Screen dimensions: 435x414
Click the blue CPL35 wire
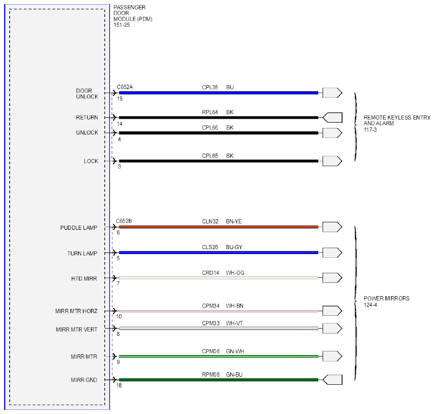pos(218,93)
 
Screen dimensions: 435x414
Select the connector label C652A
pos(125,87)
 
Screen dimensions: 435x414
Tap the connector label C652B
pos(124,221)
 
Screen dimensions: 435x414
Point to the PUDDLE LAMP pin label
pos(79,228)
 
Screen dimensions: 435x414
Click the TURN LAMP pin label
pos(82,253)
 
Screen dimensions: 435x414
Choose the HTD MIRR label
pos(84,279)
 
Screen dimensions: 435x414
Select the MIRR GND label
pos(84,380)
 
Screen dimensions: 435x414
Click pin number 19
pos(120,99)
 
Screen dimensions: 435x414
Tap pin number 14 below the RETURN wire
pos(120,124)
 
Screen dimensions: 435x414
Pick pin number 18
pos(119,385)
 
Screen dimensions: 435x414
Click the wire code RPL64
pos(210,112)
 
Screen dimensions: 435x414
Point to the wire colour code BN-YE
pos(234,222)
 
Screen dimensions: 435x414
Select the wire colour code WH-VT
pos(234,323)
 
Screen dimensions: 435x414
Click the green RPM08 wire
pos(218,380)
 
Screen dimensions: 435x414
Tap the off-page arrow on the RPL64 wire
pos(332,117)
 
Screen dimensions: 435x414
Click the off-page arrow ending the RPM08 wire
pos(332,380)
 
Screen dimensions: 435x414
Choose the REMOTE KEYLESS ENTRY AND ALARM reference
pos(397,123)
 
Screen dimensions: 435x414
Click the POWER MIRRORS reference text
pos(387,302)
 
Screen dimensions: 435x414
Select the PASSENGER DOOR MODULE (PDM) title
pos(133,16)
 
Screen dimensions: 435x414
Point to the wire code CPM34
pos(211,306)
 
